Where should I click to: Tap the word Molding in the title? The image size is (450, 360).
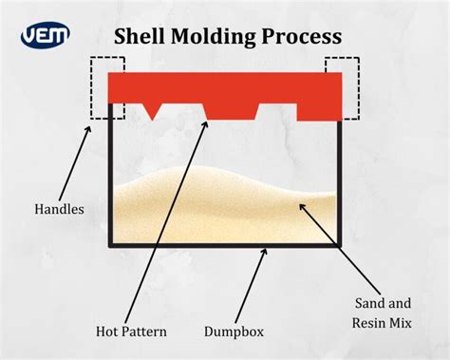216,38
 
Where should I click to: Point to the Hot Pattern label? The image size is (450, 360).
132,332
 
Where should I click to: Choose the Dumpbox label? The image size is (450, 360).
233,332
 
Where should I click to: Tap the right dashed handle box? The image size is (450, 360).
342,87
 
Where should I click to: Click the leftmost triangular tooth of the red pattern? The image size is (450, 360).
151,108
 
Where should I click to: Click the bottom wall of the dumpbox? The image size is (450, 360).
224,245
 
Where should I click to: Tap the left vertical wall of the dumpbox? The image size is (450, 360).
111,180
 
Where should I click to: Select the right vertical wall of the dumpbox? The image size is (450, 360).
339,180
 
